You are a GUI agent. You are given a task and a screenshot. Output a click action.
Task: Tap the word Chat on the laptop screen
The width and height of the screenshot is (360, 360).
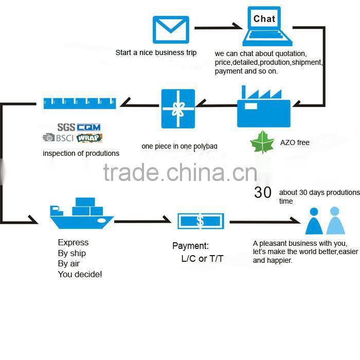264,19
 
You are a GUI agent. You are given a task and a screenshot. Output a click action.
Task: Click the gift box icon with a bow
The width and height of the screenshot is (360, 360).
178,109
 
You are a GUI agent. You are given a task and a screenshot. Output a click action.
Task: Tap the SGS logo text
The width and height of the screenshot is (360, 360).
66,127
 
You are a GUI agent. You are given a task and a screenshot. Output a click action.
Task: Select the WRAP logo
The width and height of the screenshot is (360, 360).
89,138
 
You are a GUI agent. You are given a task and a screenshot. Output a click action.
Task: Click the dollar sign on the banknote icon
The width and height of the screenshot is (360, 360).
200,221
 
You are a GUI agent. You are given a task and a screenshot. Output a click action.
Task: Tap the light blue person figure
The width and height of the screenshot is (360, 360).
334,221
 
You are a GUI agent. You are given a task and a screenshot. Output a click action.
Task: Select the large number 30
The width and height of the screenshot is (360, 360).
263,192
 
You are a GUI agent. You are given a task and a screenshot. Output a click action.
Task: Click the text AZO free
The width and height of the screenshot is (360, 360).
295,142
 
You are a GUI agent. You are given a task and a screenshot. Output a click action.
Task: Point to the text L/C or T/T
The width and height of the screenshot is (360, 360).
202,258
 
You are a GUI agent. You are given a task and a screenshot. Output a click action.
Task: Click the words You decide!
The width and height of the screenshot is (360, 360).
80,275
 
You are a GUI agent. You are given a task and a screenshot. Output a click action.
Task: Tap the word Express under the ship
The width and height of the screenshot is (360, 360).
73,242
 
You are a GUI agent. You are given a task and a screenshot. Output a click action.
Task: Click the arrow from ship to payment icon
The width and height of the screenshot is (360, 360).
143,221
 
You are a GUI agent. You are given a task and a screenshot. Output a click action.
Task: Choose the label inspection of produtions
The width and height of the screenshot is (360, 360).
81,153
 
